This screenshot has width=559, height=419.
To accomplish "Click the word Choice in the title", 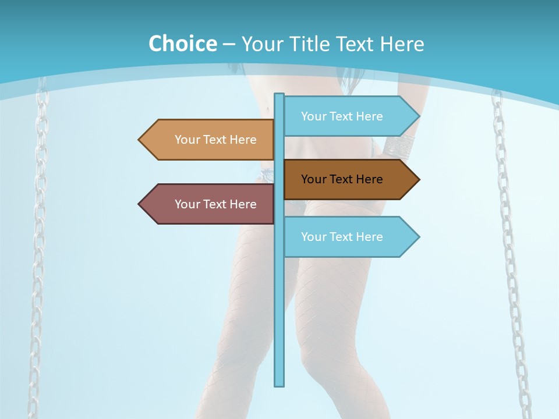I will [x=182, y=44].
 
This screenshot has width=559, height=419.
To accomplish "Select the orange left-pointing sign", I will [x=210, y=140].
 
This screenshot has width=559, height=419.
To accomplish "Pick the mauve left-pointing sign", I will [x=210, y=204].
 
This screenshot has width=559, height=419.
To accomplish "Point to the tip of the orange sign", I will [x=140, y=140].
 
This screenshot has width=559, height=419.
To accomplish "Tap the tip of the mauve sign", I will [x=140, y=204].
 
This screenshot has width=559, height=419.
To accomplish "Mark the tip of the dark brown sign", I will [x=418, y=179].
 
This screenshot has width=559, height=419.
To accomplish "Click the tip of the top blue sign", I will [x=418, y=116].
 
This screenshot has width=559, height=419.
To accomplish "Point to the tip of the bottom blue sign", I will [x=418, y=237].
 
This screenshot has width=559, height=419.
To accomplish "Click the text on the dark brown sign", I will [x=342, y=179].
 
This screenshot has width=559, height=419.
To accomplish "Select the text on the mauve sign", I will [x=215, y=204].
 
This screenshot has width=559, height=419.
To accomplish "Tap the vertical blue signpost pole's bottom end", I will [x=279, y=384].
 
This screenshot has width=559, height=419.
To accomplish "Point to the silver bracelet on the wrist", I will [x=398, y=145].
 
